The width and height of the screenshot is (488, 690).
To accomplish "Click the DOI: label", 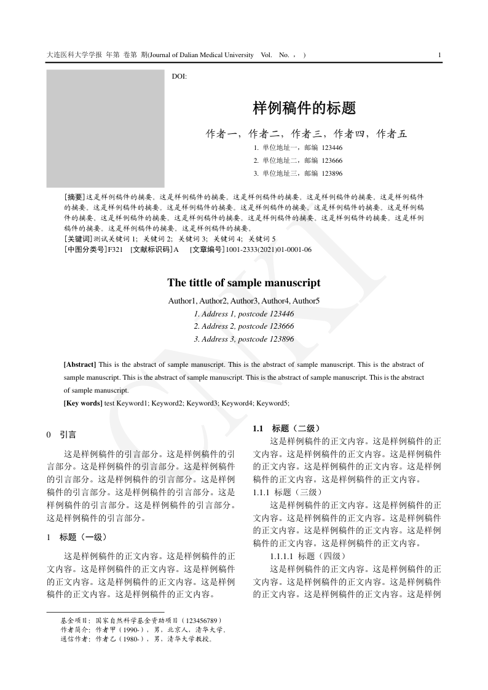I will point(179,76).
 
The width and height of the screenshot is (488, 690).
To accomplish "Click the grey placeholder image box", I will point(106,128).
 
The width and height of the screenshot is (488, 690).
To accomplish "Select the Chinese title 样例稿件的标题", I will point(304,109).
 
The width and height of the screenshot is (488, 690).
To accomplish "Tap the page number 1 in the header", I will point(439,55).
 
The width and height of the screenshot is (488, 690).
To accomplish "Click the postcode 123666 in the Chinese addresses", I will point(332,160).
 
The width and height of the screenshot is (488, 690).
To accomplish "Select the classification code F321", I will point(116,249).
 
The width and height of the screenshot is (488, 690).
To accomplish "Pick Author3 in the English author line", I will point(245,301).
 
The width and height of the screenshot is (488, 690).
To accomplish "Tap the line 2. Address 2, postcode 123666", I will point(243,326).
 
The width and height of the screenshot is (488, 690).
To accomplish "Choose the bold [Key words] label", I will point(83,403).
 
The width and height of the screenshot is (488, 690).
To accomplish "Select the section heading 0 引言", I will point(61,435).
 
